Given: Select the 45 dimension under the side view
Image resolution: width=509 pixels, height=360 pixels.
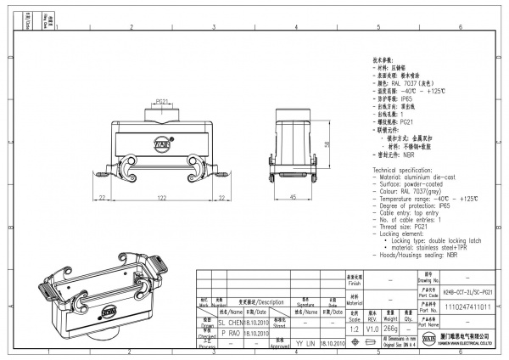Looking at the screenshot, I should tap(292, 196).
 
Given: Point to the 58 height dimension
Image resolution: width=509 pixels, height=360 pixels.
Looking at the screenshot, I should tap(327, 144).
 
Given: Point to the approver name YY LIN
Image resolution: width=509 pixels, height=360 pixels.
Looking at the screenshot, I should tap(305, 345).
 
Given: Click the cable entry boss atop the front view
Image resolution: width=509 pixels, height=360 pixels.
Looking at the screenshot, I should tap(161, 111).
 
